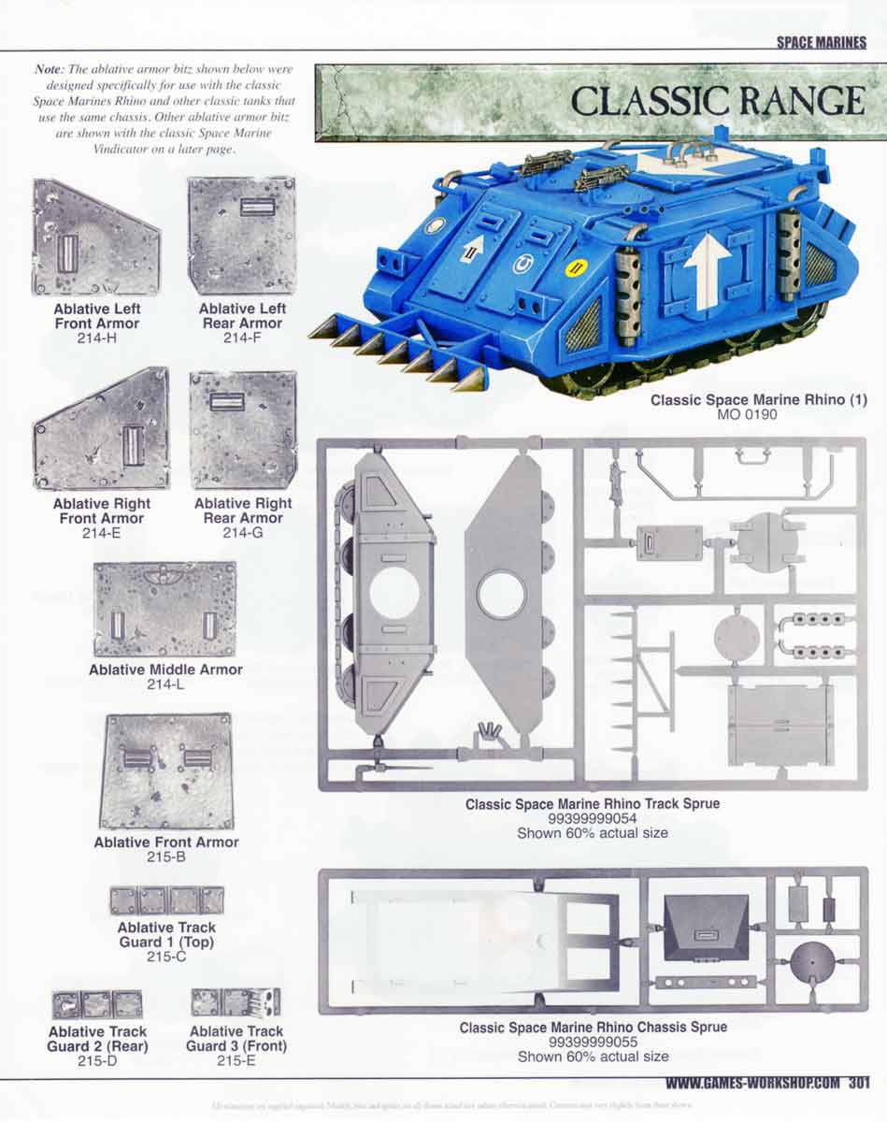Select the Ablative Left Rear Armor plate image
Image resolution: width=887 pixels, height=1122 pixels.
(x=241, y=236)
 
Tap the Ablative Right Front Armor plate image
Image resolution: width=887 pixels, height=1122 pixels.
(x=102, y=429)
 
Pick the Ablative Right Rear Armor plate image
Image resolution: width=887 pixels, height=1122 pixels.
(x=243, y=429)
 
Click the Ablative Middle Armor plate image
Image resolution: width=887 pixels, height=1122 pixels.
(x=165, y=610)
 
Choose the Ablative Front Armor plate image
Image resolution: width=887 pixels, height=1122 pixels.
(x=166, y=771)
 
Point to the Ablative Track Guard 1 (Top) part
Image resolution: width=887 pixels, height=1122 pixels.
(x=166, y=900)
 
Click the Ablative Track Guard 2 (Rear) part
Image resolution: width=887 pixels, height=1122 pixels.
(x=97, y=1004)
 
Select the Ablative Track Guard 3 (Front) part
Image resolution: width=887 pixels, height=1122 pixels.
(x=236, y=1002)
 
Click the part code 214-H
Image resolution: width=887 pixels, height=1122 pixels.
(x=96, y=338)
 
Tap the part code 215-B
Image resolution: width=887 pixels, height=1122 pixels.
(x=166, y=856)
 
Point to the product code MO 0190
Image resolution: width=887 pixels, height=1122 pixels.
(x=758, y=414)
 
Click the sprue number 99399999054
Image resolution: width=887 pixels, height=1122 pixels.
(x=592, y=818)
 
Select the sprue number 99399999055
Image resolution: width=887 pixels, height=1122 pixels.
(x=593, y=1042)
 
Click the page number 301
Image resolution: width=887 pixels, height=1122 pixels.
(x=859, y=1084)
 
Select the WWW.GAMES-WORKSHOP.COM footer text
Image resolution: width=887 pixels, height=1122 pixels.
(x=753, y=1084)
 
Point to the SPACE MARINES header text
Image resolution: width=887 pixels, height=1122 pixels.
(x=821, y=42)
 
